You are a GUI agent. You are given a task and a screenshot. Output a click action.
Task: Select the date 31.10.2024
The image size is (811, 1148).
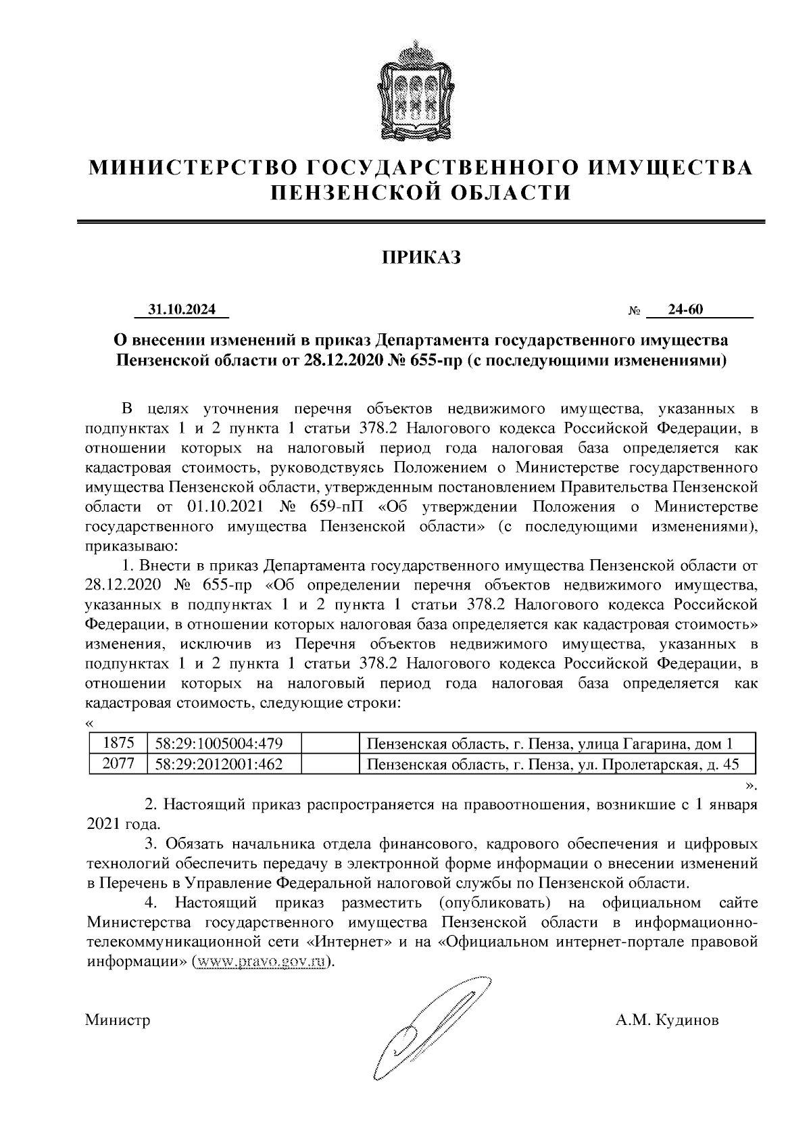182,310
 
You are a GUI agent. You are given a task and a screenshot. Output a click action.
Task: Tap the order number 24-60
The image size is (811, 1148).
685,310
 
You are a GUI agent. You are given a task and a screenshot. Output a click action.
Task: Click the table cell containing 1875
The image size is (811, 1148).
118,744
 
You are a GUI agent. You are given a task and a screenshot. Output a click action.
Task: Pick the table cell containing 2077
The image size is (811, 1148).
118,764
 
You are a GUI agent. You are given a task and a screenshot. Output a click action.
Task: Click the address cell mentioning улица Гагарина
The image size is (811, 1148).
549,744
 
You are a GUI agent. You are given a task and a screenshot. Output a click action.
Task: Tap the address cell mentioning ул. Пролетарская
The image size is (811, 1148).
552,764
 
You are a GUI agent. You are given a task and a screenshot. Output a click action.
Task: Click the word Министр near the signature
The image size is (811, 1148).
118,1020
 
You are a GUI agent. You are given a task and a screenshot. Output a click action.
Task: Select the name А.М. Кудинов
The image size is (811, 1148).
667,1020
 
